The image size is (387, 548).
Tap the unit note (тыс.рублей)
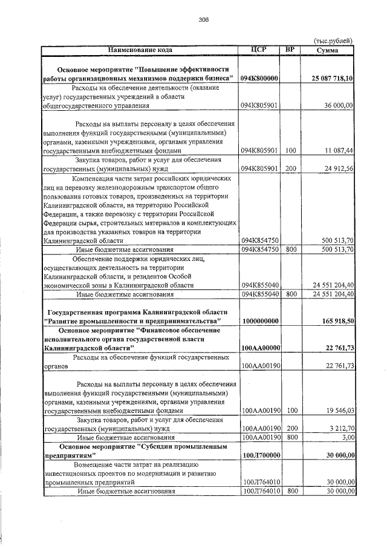(333, 41)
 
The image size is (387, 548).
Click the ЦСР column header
(259, 49)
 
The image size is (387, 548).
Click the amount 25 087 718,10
(333, 79)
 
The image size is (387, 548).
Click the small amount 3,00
(346, 437)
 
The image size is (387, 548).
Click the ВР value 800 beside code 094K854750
(291, 249)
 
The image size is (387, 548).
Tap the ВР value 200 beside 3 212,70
(291, 428)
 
